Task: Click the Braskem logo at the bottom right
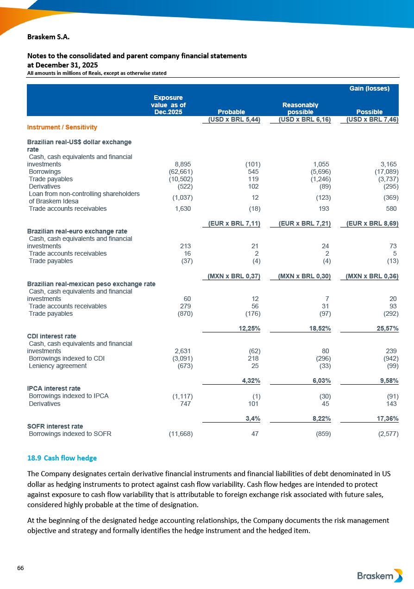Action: pos(380,576)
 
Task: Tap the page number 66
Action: pos(20,568)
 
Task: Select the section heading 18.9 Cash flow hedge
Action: pos(62,458)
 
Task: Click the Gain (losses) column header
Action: pos(369,88)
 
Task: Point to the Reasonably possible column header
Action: pos(300,109)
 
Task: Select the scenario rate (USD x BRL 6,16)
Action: pos(305,120)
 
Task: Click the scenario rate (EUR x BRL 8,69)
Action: pos(372,224)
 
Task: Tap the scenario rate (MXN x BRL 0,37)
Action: pos(233,276)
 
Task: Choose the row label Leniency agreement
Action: pos(57,366)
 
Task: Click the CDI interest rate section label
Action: pos(52,336)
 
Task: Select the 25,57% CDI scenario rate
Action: pos(386,328)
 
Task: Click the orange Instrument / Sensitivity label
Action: pos(62,127)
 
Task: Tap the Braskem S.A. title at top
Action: pos(49,37)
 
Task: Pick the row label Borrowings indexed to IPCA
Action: pos(69,396)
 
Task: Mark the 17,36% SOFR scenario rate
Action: pos(386,418)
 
